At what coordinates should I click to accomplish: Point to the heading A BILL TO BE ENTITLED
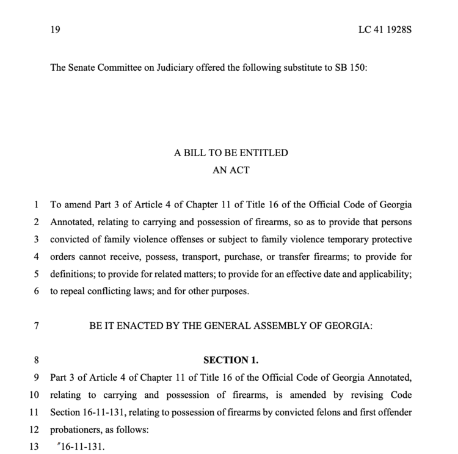231,153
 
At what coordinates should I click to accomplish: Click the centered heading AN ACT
231,170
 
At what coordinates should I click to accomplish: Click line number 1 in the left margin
37,205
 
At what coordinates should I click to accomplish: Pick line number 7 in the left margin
37,326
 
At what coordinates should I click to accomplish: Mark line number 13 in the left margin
34,447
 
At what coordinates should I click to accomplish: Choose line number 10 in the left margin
34,395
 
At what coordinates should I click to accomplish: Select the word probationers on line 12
76,430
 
